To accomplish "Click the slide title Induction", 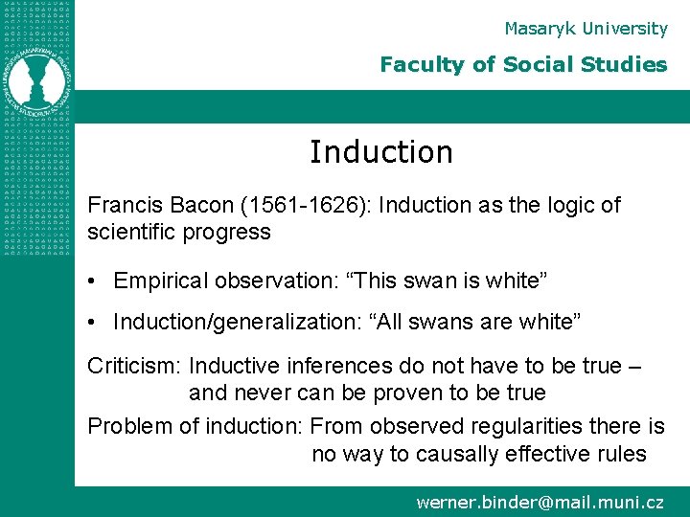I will [380, 152].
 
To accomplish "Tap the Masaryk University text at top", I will [586, 29].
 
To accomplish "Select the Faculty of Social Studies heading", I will [523, 65].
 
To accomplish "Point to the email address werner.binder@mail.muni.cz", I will [540, 501].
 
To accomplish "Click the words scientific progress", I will [179, 232].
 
